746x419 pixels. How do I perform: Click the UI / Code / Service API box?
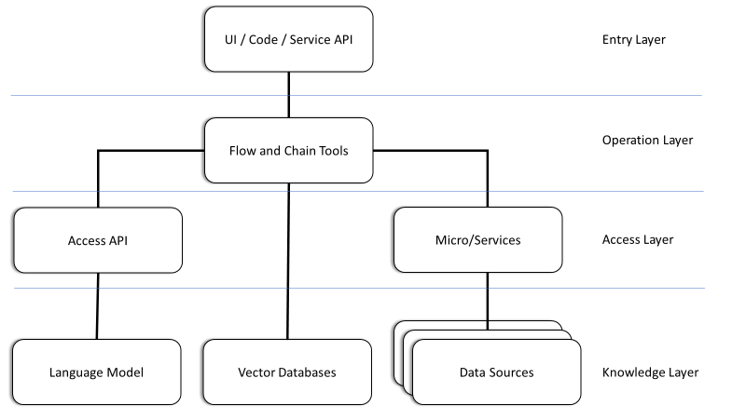(x=288, y=40)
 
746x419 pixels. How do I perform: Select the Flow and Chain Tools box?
(x=288, y=149)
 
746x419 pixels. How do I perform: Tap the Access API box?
(x=96, y=240)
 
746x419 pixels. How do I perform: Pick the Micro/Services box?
(x=477, y=240)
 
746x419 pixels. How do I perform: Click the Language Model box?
(x=96, y=372)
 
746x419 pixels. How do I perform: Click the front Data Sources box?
(x=496, y=372)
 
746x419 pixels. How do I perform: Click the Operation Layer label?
(x=647, y=141)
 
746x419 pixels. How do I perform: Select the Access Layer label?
(x=638, y=240)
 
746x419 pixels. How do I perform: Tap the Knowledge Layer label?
(x=650, y=372)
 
